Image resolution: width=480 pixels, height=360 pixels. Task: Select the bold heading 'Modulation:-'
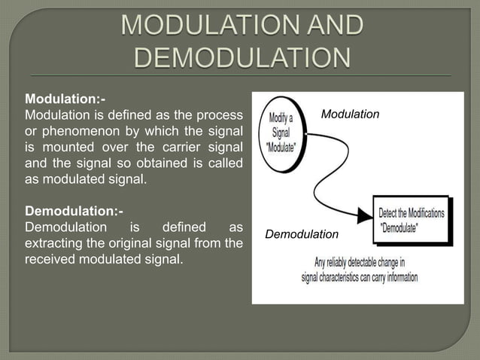(x=65, y=99)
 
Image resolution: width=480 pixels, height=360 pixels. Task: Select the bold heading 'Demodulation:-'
(x=74, y=210)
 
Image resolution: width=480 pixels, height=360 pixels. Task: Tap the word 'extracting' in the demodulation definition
(x=53, y=243)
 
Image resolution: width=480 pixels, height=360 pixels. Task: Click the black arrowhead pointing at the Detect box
(x=364, y=217)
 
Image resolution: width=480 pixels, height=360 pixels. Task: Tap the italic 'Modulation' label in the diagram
(x=350, y=114)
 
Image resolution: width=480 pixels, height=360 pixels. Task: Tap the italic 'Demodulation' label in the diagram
(x=302, y=235)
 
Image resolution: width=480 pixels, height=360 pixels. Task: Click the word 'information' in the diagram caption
(x=397, y=276)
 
